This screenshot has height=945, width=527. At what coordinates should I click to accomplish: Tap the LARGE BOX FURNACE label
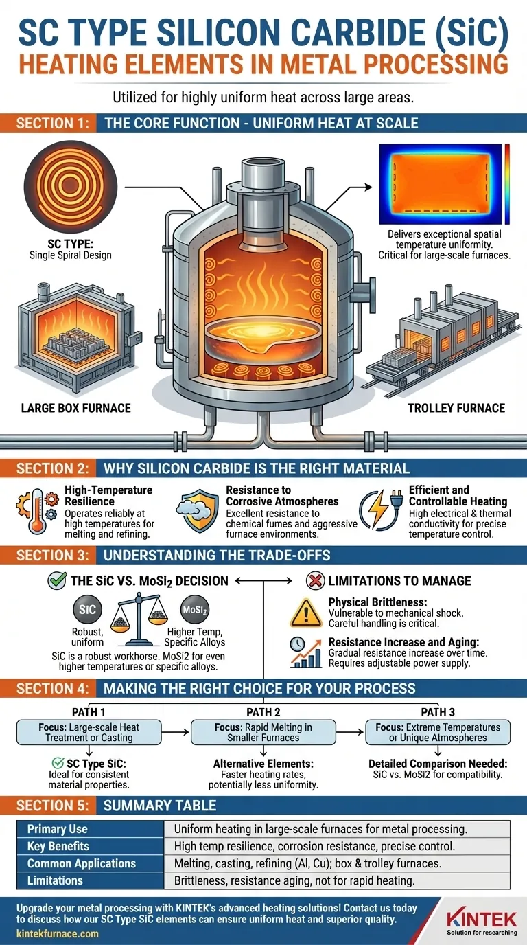76,408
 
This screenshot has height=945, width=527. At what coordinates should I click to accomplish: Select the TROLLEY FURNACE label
456,408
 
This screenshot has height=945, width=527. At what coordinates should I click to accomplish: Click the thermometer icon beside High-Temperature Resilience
37,511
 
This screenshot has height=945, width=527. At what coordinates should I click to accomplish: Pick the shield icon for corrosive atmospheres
198,511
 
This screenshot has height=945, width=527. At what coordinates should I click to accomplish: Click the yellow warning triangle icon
306,613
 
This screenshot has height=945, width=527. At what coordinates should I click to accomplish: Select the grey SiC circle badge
87,609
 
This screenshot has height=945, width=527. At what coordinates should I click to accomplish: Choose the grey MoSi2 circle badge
195,609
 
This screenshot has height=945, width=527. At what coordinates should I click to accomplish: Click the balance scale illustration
139,619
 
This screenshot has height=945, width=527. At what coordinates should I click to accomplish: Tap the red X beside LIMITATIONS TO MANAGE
315,580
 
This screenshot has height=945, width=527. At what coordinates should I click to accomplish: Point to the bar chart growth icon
306,652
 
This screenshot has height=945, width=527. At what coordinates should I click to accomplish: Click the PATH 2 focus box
263,732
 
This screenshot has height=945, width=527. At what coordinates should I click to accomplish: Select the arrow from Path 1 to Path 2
175,732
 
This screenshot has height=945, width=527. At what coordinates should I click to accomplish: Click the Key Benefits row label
58,846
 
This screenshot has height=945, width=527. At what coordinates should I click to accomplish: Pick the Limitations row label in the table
55,880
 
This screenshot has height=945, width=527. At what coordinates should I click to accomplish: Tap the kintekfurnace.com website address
58,933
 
